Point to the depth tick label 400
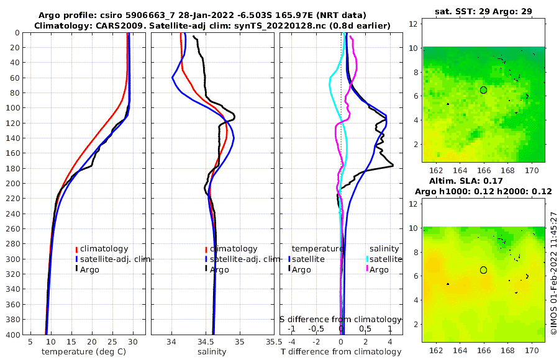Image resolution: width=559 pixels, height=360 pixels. (12, 335)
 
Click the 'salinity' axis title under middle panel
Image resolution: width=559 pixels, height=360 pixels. (212, 352)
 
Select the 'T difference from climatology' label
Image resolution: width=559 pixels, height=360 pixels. (341, 352)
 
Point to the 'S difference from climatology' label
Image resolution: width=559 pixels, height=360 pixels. (341, 319)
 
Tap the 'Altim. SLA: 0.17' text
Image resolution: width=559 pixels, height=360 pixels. (483, 181)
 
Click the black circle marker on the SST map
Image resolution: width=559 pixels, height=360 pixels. (483, 90)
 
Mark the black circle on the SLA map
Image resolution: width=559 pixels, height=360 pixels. (483, 270)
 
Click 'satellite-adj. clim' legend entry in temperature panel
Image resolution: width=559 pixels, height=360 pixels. (114, 259)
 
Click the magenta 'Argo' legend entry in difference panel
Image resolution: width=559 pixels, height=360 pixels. (376, 269)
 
